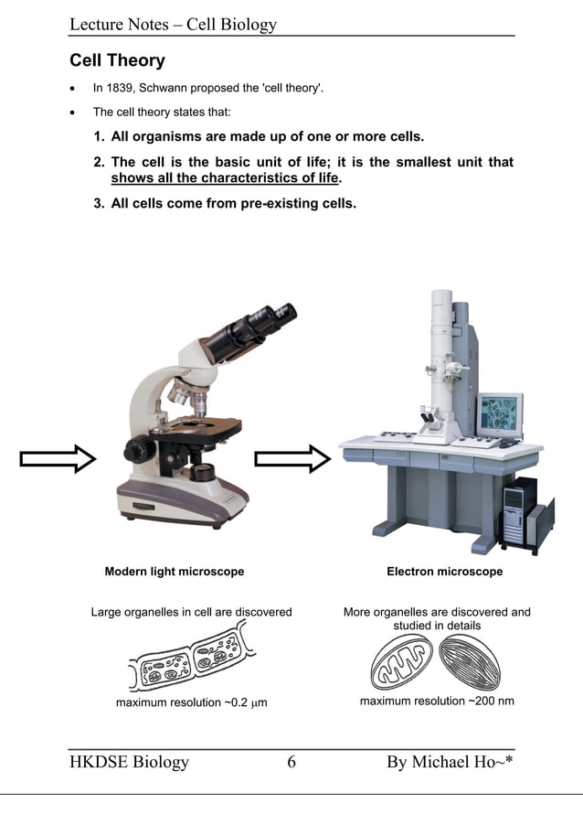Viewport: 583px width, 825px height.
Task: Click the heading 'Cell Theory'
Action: coord(117,61)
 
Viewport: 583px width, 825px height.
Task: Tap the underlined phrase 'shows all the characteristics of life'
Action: coord(224,178)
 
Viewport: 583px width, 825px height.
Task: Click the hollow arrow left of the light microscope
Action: coord(58,458)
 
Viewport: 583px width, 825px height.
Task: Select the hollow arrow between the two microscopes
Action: coord(291,458)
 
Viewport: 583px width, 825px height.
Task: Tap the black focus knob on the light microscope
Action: coord(140,449)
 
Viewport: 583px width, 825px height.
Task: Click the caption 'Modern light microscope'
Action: coord(175,572)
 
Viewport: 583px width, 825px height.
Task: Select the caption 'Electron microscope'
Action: coord(444,572)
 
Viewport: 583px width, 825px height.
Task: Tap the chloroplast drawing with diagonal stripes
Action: coord(471,661)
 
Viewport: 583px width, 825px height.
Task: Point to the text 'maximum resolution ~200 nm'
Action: coord(437,702)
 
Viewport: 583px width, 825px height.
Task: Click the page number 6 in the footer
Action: coord(291,762)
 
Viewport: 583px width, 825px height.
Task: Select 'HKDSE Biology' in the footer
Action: coord(130,762)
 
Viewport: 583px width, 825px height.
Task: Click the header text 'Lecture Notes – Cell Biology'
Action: coord(173,25)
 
